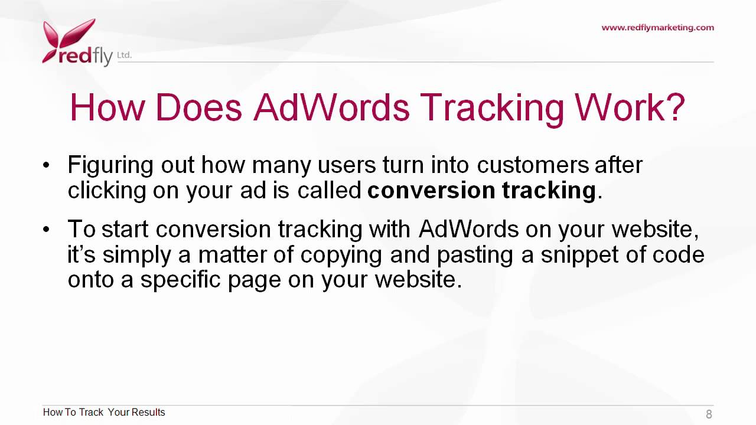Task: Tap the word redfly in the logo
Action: tap(85, 56)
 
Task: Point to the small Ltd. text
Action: tap(124, 55)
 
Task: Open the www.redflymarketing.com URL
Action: tap(657, 27)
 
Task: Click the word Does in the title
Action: tap(198, 107)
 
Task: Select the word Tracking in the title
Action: tap(491, 107)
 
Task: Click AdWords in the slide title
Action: tap(331, 107)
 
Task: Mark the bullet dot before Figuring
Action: tap(47, 165)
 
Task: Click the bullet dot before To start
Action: tap(47, 229)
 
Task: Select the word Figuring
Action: tap(110, 165)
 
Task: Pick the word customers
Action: tap(533, 165)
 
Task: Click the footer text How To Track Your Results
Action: tap(104, 412)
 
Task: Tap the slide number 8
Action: tap(709, 414)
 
